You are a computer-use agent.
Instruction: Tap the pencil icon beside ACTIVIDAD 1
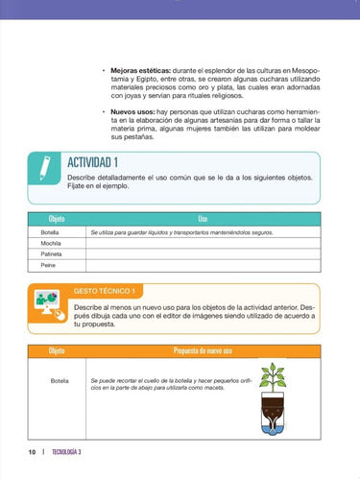pyautogui.click(x=42, y=166)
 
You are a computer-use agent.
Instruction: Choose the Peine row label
pyautogui.click(x=47, y=265)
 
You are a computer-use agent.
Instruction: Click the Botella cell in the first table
pyautogui.click(x=49, y=232)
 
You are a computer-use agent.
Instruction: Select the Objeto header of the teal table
pyautogui.click(x=57, y=219)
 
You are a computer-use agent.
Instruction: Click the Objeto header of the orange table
pyautogui.click(x=57, y=351)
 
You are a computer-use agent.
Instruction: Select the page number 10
pyautogui.click(x=33, y=451)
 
